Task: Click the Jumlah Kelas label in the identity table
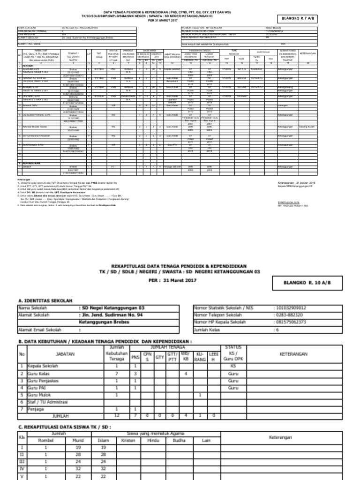point(207,329)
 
